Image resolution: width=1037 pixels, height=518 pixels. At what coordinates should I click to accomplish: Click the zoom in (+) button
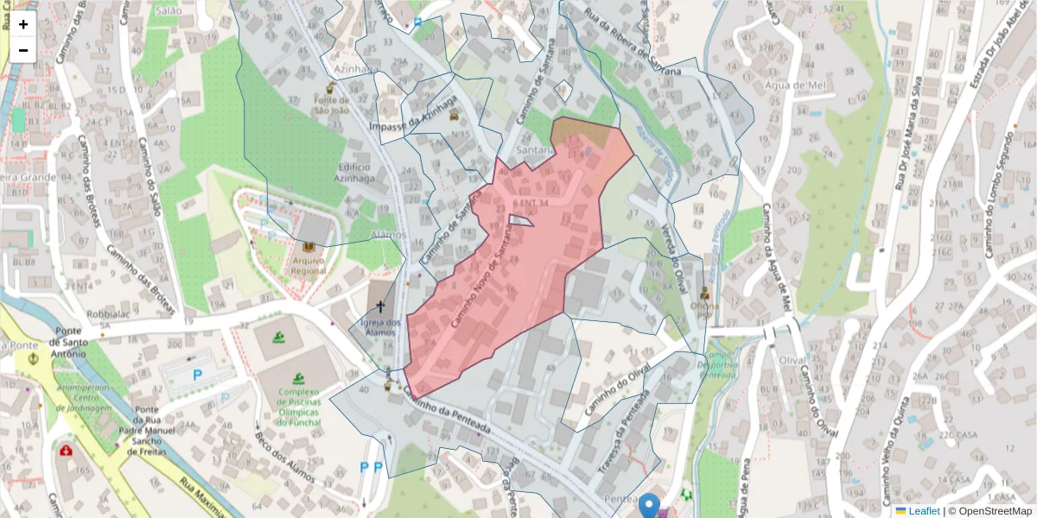(23, 24)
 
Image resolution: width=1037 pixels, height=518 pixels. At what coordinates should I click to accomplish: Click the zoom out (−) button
(23, 50)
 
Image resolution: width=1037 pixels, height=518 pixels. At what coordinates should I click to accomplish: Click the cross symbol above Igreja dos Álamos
(380, 306)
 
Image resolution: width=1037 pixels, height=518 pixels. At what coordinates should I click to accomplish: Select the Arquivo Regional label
(309, 265)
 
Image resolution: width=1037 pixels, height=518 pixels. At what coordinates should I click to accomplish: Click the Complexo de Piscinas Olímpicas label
(299, 406)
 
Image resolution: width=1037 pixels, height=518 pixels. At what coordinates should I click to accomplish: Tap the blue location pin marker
(650, 506)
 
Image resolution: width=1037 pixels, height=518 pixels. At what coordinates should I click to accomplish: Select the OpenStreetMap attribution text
(995, 511)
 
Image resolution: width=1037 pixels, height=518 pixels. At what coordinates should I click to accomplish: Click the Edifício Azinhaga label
(354, 172)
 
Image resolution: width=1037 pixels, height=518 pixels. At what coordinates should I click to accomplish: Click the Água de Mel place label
(796, 85)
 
